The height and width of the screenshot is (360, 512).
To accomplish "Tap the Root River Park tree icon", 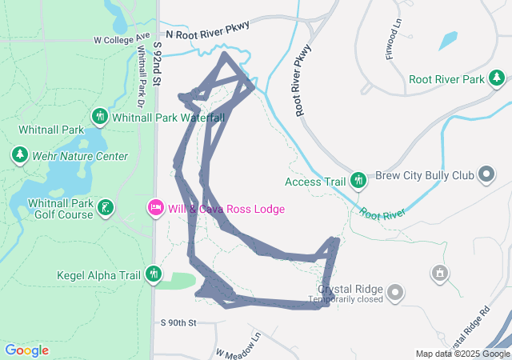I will click(497, 78).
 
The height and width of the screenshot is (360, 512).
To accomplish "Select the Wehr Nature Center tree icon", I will click(19, 154).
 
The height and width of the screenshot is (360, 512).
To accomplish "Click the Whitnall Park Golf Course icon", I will click(105, 209).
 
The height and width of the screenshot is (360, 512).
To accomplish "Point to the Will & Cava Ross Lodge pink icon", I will click(155, 209).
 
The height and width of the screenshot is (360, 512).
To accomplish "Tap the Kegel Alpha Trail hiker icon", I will click(154, 275).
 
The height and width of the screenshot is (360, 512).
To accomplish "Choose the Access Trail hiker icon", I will click(358, 181).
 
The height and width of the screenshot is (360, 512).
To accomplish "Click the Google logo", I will click(26, 350).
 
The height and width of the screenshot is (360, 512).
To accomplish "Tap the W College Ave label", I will click(122, 38).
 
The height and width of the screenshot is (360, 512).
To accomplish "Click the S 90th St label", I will click(178, 322).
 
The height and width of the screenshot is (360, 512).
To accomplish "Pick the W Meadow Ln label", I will click(238, 347).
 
